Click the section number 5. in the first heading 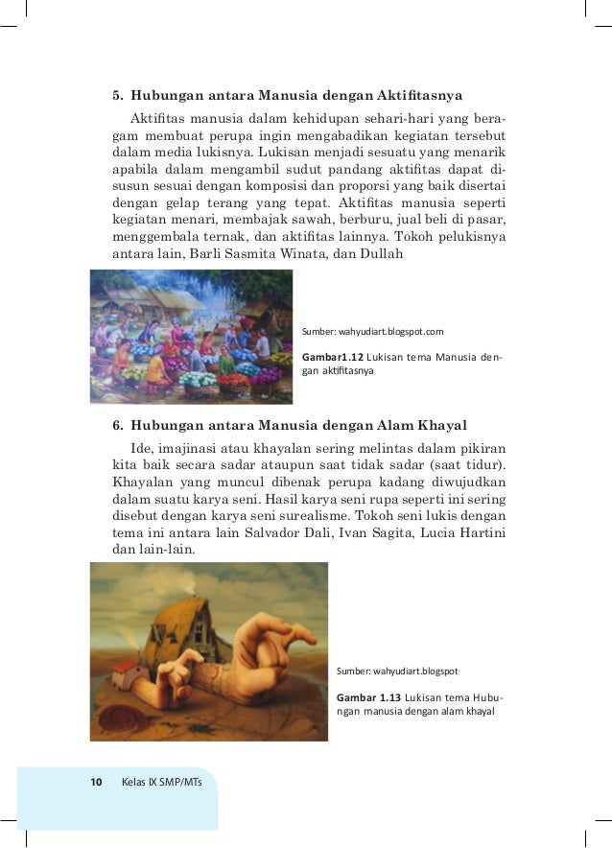point(119,96)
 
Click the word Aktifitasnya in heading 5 point(421,96)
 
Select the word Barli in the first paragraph point(207,255)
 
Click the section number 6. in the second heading point(119,425)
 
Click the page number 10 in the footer point(96,783)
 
